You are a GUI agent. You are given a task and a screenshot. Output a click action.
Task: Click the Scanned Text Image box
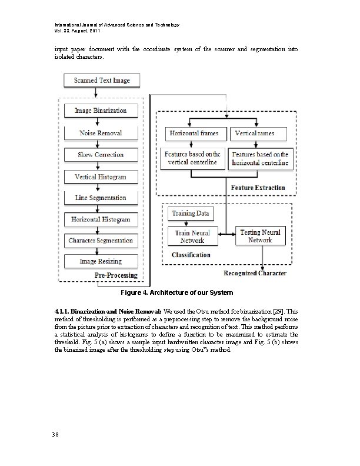pyautogui.click(x=102, y=80)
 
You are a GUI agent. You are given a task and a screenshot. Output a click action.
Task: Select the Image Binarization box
pyautogui.click(x=101, y=111)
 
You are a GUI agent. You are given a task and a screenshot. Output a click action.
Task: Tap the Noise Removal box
pyautogui.click(x=101, y=133)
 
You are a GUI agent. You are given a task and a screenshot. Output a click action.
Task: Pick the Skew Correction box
pyautogui.click(x=101, y=155)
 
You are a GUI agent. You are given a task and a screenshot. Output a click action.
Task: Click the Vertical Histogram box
pyautogui.click(x=101, y=177)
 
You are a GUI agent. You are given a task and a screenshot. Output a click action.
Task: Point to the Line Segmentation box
pyautogui.click(x=101, y=198)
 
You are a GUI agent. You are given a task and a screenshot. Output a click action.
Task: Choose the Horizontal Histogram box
pyautogui.click(x=101, y=219)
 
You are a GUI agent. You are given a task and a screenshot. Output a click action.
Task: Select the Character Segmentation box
pyautogui.click(x=101, y=241)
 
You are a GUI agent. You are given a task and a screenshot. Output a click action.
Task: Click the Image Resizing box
pyautogui.click(x=101, y=261)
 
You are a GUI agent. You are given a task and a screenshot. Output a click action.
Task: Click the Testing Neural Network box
pyautogui.click(x=259, y=236)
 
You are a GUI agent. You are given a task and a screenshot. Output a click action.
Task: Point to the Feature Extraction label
pyautogui.click(x=258, y=188)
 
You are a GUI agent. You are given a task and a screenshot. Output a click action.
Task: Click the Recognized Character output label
pyautogui.click(x=255, y=273)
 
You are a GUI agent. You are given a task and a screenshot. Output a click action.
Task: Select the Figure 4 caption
pyautogui.click(x=176, y=292)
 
